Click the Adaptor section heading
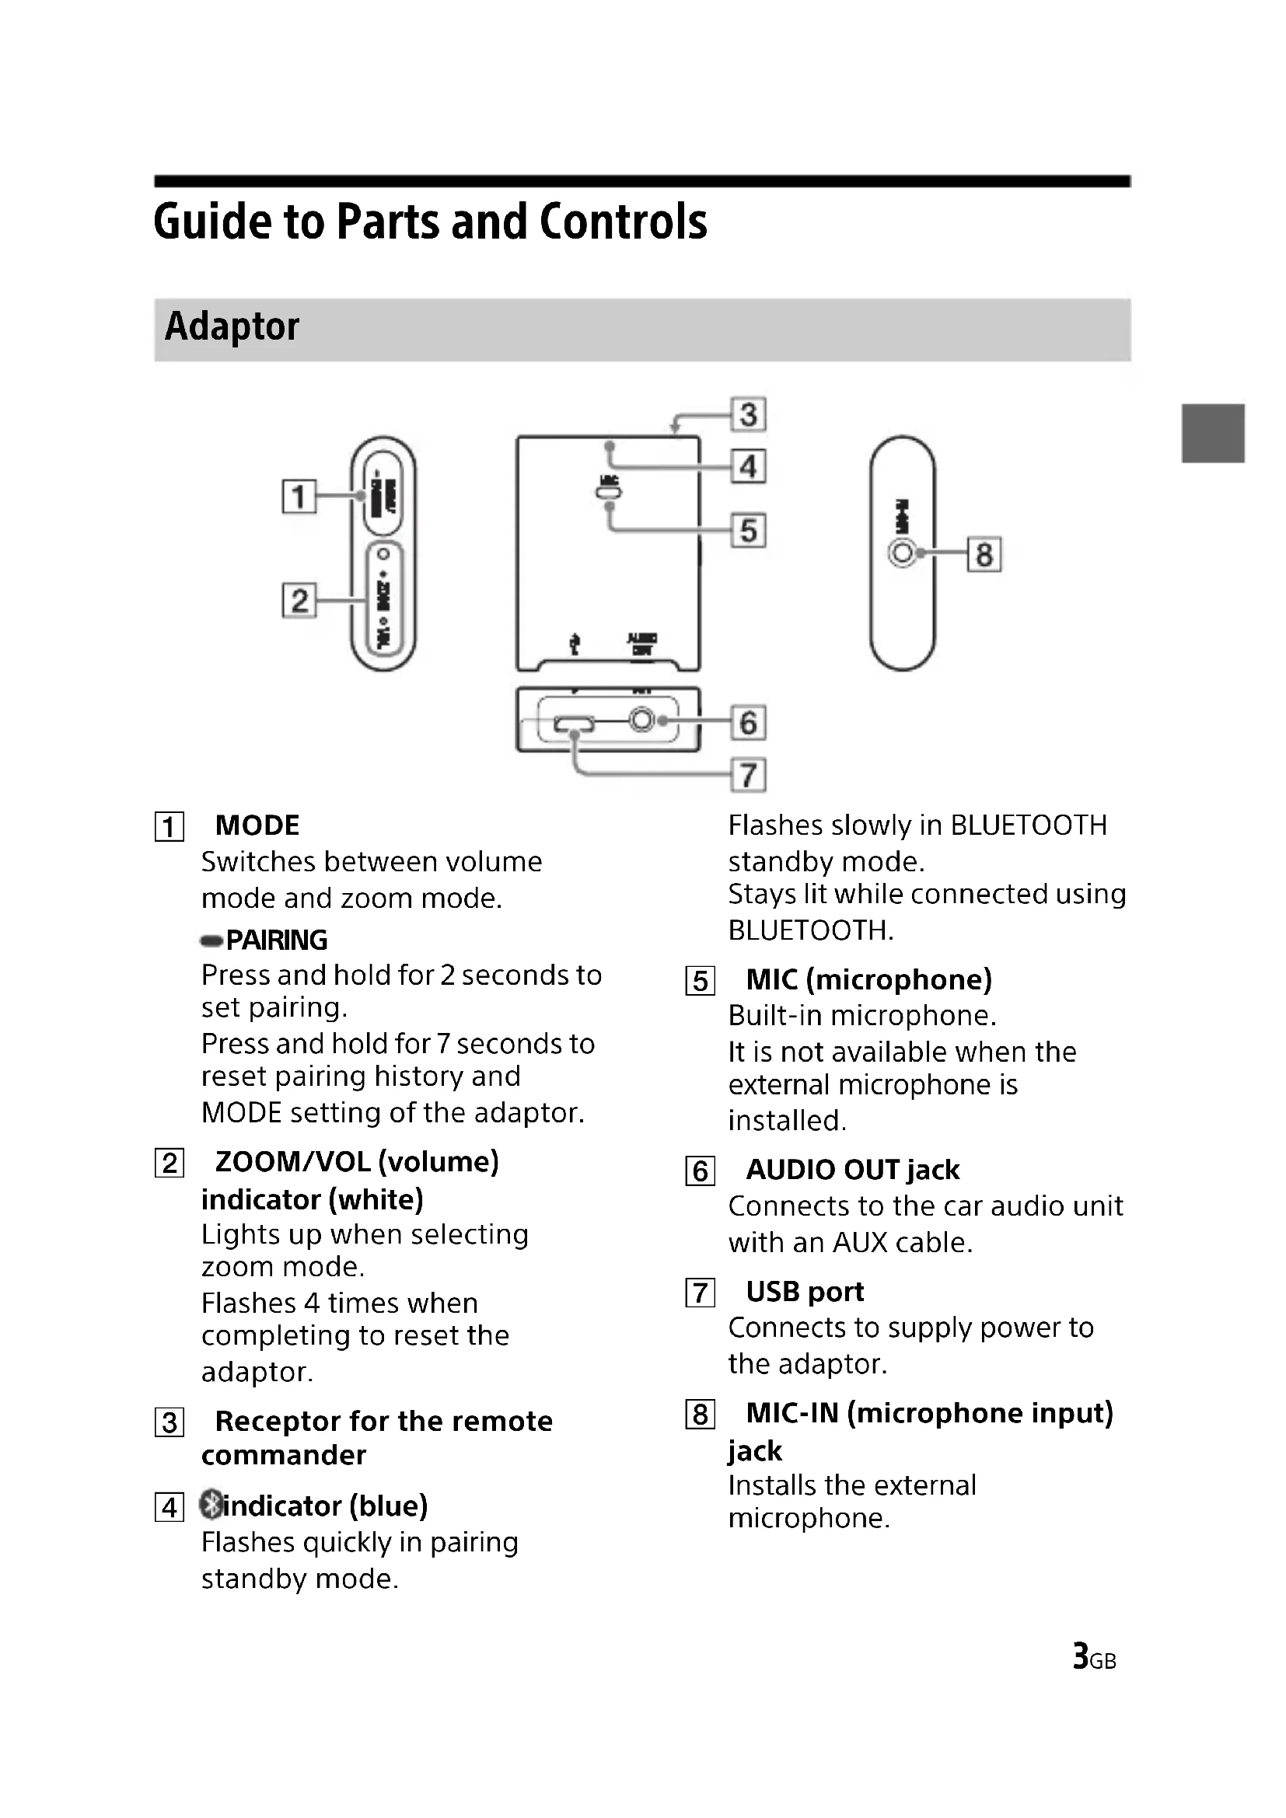[x=232, y=326]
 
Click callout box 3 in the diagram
[x=748, y=414]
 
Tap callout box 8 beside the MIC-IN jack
[x=984, y=554]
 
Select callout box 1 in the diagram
[x=299, y=497]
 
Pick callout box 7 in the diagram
[x=748, y=774]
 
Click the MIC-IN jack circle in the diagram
[x=902, y=552]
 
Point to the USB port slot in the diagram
[x=575, y=724]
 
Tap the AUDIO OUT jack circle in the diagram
[x=642, y=721]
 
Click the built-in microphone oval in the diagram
[x=608, y=494]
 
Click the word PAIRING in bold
[x=276, y=940]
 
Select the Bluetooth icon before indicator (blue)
[x=211, y=1506]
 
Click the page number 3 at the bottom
[x=1080, y=1656]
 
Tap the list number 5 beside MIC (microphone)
[x=700, y=981]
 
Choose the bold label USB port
[x=805, y=1292]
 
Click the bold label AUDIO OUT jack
[x=853, y=1170]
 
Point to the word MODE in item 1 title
[x=257, y=825]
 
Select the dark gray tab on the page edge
[x=1213, y=433]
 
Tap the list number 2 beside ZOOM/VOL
[x=169, y=1164]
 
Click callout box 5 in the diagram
[x=748, y=531]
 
